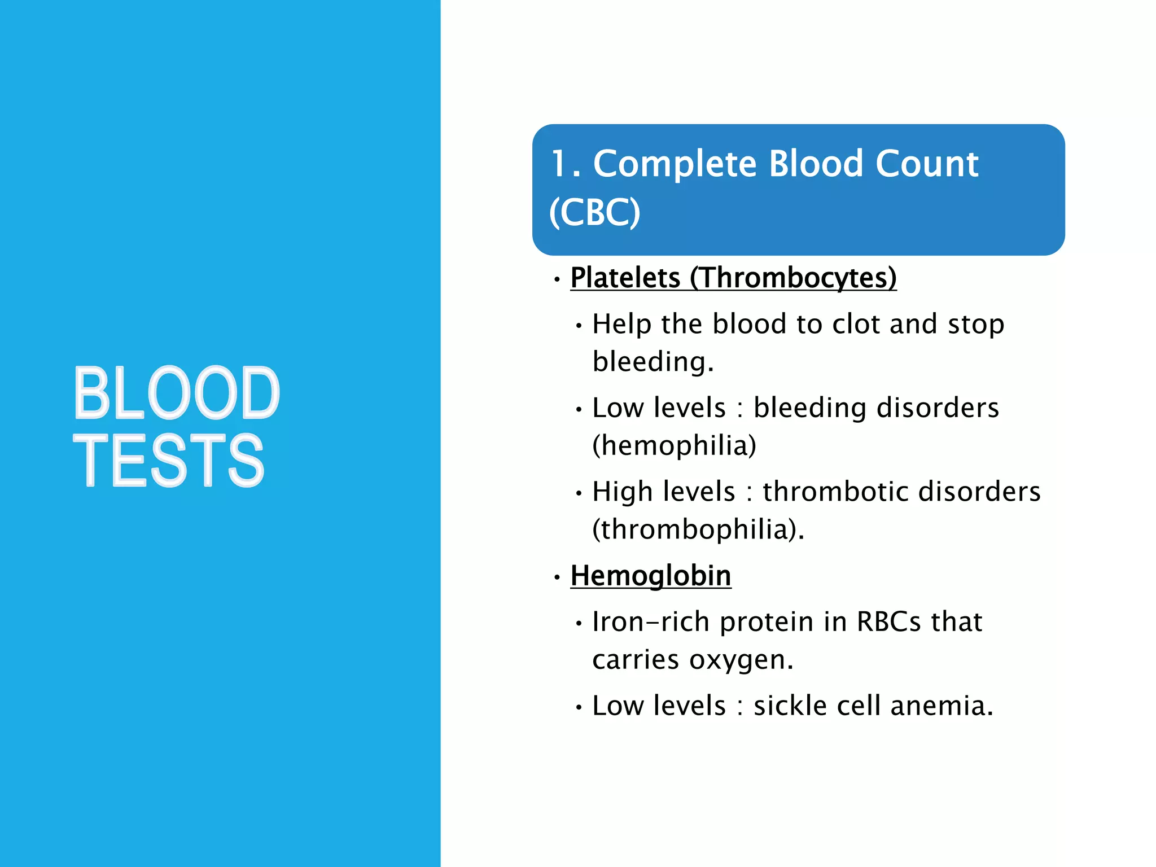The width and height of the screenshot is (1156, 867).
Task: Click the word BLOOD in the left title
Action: point(177,393)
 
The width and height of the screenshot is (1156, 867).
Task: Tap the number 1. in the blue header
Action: point(566,164)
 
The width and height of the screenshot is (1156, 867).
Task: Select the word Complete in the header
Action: point(675,164)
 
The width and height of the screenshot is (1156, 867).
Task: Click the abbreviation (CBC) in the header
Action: point(594,213)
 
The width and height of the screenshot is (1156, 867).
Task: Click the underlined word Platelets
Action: point(625,278)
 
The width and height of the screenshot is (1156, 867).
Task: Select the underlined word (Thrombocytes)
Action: point(793,278)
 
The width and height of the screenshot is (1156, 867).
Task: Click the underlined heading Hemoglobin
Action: point(651,576)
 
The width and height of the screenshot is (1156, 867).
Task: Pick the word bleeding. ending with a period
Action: point(653,362)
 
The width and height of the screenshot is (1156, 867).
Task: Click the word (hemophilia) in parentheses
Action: point(674,445)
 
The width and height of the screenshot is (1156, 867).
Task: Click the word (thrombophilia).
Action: point(698,529)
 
